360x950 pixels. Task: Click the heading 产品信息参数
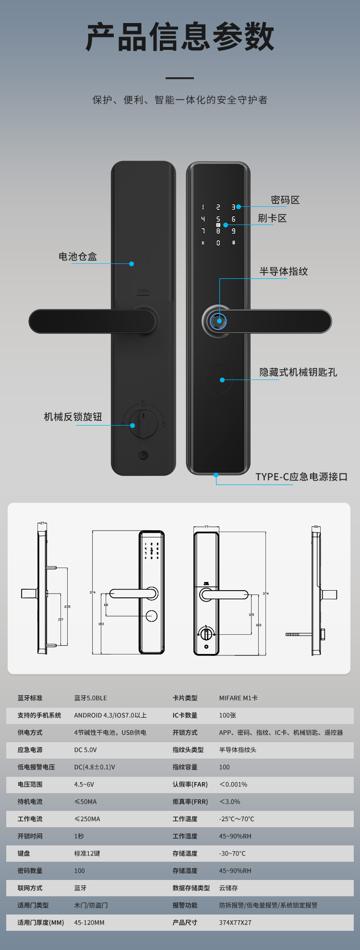tap(180, 37)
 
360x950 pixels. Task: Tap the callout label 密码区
tap(285, 200)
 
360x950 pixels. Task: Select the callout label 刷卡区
tap(272, 218)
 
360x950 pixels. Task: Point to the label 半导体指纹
tap(284, 272)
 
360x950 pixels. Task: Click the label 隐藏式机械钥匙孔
tap(298, 372)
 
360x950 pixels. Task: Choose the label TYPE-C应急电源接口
tap(301, 477)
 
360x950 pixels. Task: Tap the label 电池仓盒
tap(78, 257)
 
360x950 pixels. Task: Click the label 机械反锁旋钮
tap(73, 417)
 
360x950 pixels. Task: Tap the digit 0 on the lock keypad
tap(218, 243)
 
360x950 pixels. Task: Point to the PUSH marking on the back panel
tap(143, 291)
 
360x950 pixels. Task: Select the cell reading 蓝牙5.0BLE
tap(91, 698)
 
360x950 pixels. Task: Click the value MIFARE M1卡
tap(239, 698)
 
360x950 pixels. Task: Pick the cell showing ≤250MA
tap(87, 819)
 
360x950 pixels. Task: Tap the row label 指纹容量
tap(185, 767)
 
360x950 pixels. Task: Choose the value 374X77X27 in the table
tap(235, 923)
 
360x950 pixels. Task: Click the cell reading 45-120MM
tap(89, 923)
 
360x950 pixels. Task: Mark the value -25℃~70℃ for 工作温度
tap(237, 819)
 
